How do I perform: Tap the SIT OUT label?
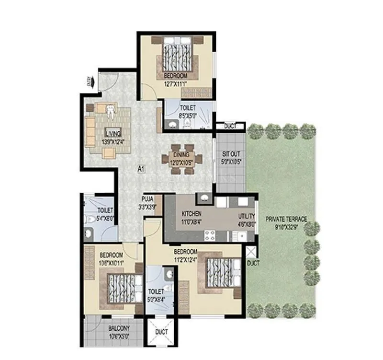(231, 154)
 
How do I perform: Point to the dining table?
(182, 158)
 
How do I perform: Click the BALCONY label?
(113, 328)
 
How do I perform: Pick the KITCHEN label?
(191, 214)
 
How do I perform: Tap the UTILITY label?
(247, 216)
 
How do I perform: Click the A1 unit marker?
(141, 169)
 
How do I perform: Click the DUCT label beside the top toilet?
(230, 126)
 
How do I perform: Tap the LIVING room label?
(113, 132)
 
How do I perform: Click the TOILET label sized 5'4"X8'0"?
(105, 210)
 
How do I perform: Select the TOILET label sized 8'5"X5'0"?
(187, 108)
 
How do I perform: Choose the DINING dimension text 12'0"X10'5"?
(181, 162)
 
